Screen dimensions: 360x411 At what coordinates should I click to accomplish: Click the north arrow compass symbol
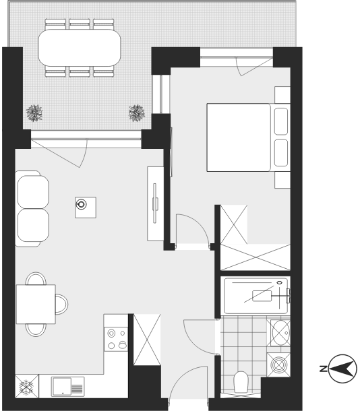click(x=342, y=369)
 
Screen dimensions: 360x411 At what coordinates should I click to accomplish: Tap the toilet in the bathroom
click(x=241, y=382)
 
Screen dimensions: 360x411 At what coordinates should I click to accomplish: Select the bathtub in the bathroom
click(x=256, y=296)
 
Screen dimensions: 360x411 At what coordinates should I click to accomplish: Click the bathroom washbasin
click(x=280, y=333)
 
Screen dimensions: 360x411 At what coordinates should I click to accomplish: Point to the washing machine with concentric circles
click(x=278, y=365)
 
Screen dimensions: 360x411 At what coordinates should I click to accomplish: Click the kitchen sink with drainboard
click(x=67, y=387)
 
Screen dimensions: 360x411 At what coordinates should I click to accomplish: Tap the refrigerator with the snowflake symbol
click(x=27, y=386)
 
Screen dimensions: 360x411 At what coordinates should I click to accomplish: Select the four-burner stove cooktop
click(x=116, y=339)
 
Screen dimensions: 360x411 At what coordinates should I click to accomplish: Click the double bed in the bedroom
click(x=248, y=137)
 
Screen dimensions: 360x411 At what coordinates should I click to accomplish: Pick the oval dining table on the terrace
click(x=80, y=48)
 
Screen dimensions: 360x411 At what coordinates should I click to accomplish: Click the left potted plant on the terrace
click(x=34, y=113)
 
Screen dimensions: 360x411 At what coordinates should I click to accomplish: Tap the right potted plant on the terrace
click(x=137, y=113)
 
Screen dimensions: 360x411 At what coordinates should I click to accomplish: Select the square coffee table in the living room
click(x=86, y=208)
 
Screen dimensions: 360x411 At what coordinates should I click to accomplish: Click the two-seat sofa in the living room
click(x=32, y=209)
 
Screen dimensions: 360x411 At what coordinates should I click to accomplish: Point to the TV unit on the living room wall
click(x=155, y=203)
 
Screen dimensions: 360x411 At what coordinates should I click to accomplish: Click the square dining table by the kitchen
click(x=36, y=304)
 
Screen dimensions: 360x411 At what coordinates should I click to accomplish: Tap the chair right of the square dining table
click(x=62, y=304)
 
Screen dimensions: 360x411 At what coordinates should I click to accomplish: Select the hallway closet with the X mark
click(x=147, y=340)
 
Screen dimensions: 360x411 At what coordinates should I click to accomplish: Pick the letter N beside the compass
click(x=324, y=369)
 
